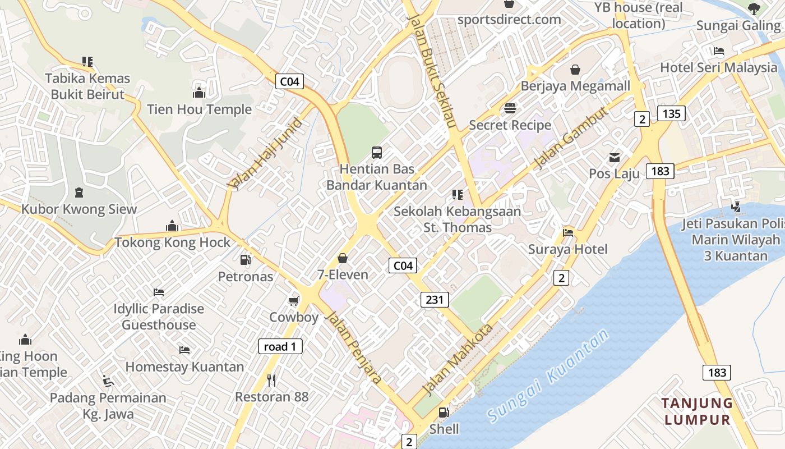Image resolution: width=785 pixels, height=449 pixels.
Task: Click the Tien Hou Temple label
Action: click(x=199, y=109)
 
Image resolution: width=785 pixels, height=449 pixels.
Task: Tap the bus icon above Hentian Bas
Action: click(x=377, y=152)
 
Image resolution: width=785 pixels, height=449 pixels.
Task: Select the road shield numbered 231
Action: click(x=435, y=300)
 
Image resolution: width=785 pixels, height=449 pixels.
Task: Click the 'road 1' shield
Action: click(x=280, y=346)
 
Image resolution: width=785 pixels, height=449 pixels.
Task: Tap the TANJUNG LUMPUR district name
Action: click(x=696, y=411)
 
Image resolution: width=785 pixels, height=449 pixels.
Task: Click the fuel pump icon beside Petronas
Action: click(x=245, y=259)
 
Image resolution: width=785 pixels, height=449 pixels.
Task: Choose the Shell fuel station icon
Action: click(x=444, y=413)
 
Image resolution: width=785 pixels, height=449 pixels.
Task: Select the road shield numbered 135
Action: click(x=671, y=114)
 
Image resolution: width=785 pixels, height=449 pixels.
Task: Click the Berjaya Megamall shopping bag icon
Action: click(x=575, y=70)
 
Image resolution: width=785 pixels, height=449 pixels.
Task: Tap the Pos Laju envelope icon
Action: click(x=615, y=158)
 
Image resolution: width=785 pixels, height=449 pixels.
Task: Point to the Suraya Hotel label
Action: click(x=567, y=249)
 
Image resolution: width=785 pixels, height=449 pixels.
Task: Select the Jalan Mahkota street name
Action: click(x=458, y=359)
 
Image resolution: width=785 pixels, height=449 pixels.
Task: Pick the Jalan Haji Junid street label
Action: click(x=265, y=153)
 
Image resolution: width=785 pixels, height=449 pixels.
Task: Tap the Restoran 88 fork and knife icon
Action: click(x=272, y=381)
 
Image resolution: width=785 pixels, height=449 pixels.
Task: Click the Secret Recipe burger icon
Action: click(x=510, y=108)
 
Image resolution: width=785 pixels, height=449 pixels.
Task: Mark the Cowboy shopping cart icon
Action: click(x=293, y=301)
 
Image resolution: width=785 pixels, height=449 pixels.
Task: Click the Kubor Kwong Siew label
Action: click(x=79, y=209)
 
